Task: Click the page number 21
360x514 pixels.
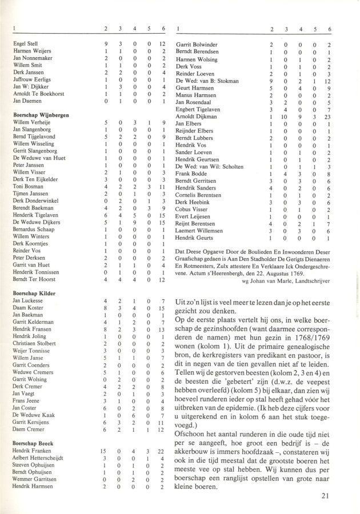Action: tap(325, 496)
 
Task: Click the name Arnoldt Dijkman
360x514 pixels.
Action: tap(197, 116)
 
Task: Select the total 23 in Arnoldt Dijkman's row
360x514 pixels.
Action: tap(327, 116)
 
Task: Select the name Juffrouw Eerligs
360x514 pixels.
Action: tap(33, 79)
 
